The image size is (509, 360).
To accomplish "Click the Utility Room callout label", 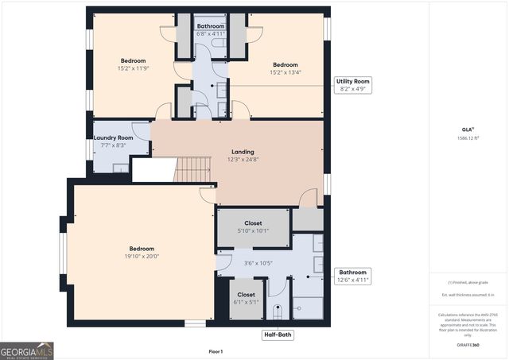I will point(352,85).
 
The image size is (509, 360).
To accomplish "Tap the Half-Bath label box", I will point(278,335).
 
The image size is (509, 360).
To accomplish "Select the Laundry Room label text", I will point(113,137).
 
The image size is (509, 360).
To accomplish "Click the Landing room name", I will point(243,152).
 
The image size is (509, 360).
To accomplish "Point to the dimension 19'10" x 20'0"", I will point(137,256).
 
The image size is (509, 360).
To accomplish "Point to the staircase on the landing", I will point(192,168).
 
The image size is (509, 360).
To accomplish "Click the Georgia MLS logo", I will point(27,350).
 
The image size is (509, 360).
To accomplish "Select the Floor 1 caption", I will point(216,350).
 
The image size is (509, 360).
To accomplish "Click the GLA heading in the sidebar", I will point(466,129).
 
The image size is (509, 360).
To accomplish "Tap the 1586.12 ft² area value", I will point(468,138).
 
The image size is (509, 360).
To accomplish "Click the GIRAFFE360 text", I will point(468,346).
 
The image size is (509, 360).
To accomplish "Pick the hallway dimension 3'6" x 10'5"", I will point(258,263).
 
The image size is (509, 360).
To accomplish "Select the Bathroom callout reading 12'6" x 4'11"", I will point(352,276).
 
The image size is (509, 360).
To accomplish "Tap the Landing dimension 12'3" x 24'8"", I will point(243,159).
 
